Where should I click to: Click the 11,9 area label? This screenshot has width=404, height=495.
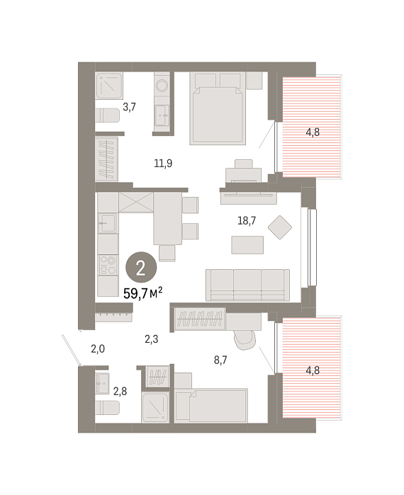point(163,164)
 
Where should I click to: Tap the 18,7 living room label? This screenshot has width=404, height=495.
point(247,221)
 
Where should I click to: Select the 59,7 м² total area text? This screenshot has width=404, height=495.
point(142,294)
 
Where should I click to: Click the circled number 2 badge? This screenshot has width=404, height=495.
point(141,268)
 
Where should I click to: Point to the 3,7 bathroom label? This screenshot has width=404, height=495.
point(129,107)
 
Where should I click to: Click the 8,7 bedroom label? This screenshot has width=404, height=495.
point(220,360)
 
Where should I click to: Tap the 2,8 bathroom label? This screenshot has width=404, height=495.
point(120,392)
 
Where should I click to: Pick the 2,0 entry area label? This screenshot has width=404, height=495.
point(98,349)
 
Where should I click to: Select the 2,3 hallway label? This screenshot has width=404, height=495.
point(151,339)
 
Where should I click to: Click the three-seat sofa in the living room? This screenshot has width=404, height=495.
point(247,285)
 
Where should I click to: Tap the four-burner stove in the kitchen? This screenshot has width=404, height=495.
point(108,265)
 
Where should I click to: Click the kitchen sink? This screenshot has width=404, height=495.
point(108,223)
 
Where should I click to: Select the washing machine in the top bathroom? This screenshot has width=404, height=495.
point(162,85)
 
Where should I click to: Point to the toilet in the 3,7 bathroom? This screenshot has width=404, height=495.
point(108,115)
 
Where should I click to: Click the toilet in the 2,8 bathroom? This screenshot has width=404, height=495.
point(108,408)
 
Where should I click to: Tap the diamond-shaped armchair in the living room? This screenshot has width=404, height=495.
point(280,227)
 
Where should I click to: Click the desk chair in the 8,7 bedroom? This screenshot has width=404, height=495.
point(244,340)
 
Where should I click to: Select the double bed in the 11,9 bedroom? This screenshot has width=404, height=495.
point(218,108)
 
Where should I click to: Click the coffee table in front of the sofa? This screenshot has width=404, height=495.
point(247,245)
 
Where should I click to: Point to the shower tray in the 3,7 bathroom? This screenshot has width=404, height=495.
point(109,86)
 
